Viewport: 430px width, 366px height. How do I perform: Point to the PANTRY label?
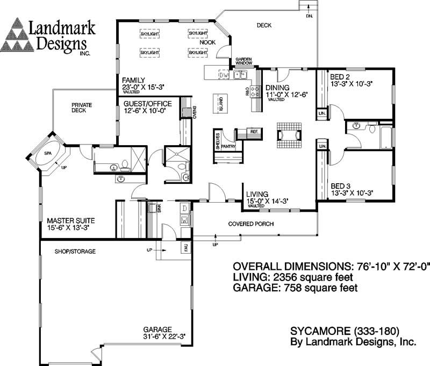tap(228, 146)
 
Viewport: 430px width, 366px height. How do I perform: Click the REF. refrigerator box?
tap(254, 131)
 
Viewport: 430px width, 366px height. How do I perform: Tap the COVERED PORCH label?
tap(251, 224)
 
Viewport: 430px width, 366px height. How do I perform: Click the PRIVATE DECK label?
tap(82, 107)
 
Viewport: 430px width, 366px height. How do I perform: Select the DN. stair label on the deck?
tap(310, 16)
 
